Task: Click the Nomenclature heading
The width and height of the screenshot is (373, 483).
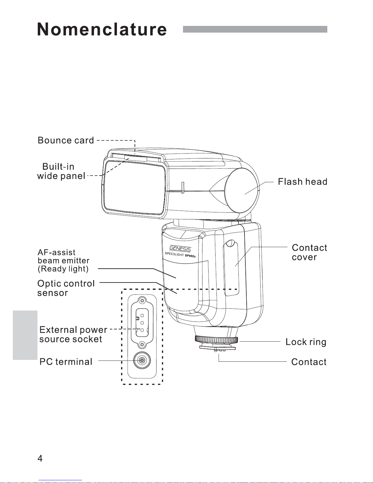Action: click(102, 29)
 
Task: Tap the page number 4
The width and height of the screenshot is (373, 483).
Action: click(40, 458)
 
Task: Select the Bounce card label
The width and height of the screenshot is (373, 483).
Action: click(66, 140)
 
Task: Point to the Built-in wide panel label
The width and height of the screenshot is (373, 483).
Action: click(61, 171)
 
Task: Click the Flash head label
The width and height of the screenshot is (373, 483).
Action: click(303, 182)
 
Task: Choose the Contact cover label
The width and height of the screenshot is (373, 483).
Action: click(309, 252)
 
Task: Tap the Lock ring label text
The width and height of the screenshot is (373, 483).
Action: click(306, 342)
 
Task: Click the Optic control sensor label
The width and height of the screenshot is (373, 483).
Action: click(66, 288)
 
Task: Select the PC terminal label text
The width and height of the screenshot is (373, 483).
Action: click(66, 362)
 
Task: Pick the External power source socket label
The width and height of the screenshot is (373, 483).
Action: click(73, 334)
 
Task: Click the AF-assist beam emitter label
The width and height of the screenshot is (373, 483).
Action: click(64, 261)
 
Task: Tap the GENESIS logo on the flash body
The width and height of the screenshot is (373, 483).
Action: click(180, 249)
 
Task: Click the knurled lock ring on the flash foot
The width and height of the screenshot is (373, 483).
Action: click(216, 340)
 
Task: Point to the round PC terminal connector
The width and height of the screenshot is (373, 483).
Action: click(142, 360)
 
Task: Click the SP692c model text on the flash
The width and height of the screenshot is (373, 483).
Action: click(190, 256)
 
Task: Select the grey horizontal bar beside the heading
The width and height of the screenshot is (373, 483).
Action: click(255, 29)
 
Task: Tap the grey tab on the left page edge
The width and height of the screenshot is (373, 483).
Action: click(25, 335)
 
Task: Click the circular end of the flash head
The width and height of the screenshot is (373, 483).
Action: click(241, 190)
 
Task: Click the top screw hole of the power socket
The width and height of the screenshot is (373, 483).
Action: click(142, 301)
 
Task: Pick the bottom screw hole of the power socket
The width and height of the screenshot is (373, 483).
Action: click(142, 345)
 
